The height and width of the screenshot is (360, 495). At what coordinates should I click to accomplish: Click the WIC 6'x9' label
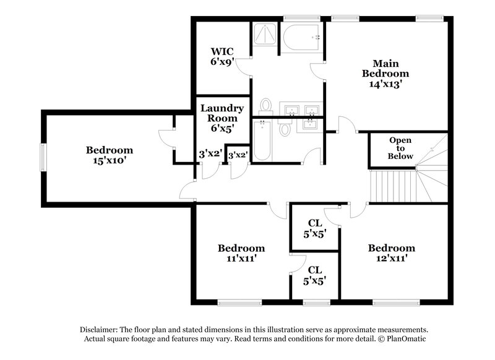222,57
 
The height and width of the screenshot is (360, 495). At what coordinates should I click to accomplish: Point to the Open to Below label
400,148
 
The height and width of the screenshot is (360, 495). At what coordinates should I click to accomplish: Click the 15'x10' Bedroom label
109,155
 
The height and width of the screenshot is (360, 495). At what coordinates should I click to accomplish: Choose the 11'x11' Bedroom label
241,253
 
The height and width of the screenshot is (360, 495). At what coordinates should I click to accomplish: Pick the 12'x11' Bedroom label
391,253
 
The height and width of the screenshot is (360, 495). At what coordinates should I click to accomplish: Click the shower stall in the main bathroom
265,36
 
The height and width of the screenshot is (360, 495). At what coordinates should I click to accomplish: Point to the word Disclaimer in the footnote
99,330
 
